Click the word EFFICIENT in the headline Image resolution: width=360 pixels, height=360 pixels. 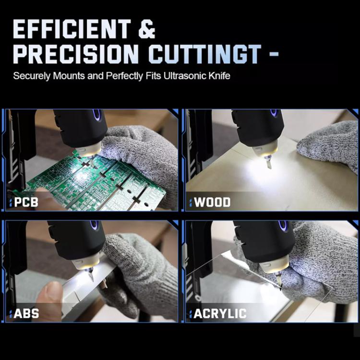coord(72,29)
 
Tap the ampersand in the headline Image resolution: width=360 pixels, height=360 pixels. coord(147,29)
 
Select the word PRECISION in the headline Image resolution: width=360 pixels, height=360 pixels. coord(75,54)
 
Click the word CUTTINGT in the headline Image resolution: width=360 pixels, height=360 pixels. coord(205,54)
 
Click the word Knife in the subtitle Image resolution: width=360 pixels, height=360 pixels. coord(219,76)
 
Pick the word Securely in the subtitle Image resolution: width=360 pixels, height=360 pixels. coord(31,76)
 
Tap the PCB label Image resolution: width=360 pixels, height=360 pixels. coord(26,202)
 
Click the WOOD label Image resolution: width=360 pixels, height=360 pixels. coord(212,202)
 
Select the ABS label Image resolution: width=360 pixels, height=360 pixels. coord(26,313)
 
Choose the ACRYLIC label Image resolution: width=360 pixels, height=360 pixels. coord(220,313)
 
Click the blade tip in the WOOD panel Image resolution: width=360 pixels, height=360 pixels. coord(270,168)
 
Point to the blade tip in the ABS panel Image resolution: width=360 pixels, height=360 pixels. coord(93,281)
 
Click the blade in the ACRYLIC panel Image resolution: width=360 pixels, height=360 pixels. coord(279,283)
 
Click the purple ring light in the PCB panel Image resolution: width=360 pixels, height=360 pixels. coord(97,114)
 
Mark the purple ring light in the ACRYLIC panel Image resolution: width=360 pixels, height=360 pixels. coord(283,226)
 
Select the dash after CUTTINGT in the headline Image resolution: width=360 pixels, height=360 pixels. coord(274,55)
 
